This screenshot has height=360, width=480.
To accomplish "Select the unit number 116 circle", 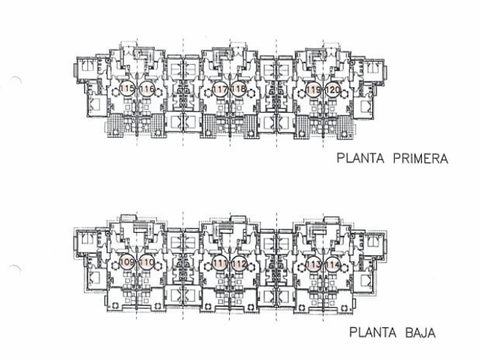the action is (x=146, y=89).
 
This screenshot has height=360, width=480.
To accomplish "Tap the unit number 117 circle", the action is (x=221, y=89).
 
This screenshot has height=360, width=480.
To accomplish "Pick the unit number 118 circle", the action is (x=239, y=89).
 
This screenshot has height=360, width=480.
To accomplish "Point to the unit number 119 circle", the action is (x=313, y=89).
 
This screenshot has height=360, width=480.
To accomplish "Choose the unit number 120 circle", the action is (x=332, y=89).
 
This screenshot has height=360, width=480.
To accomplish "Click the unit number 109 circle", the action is (x=127, y=263).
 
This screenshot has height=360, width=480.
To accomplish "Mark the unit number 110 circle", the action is (x=146, y=263).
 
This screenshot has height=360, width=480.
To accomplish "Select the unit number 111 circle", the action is (x=220, y=263).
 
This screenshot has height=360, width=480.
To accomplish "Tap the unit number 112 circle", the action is (x=239, y=263).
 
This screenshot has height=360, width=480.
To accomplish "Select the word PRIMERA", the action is (x=421, y=158).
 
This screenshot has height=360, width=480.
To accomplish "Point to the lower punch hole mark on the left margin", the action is (x=15, y=267).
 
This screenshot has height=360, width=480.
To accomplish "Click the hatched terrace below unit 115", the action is (x=116, y=125).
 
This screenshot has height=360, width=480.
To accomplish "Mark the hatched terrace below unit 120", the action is (x=344, y=126).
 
